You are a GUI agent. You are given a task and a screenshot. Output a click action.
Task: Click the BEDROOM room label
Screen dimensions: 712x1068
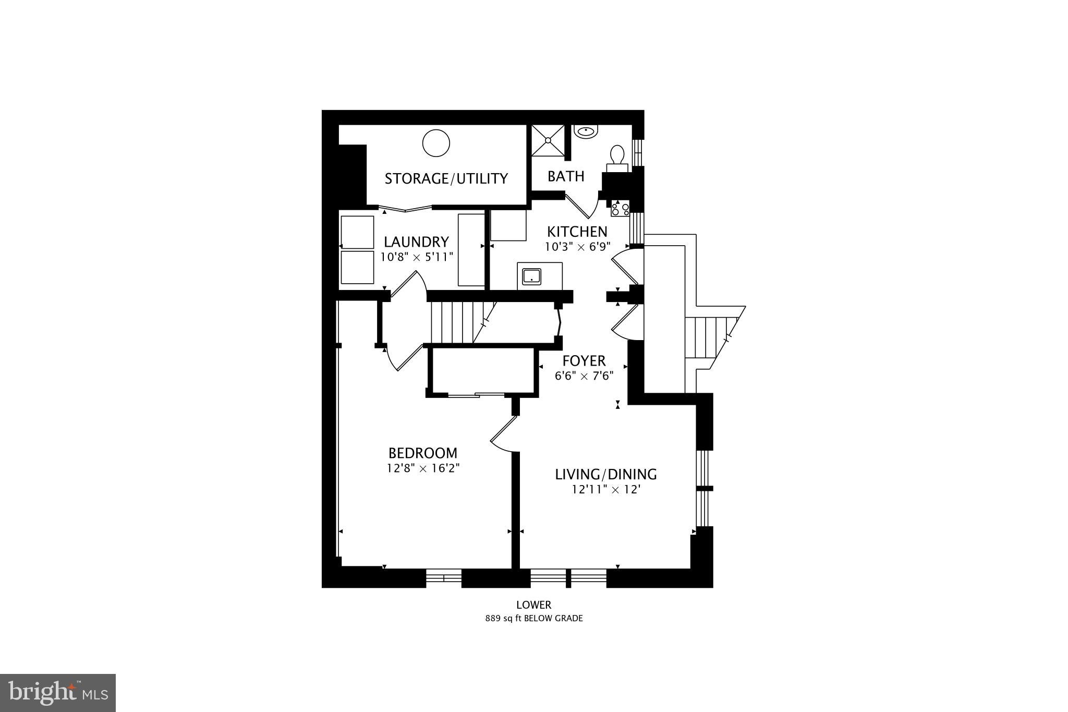(x=422, y=453)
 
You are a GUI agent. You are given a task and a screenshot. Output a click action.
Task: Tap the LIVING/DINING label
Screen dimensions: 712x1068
(x=605, y=474)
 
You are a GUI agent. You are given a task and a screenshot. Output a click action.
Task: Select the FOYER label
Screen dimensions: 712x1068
(x=584, y=360)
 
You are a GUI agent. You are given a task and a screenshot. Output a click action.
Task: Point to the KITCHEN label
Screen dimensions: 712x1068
(x=577, y=231)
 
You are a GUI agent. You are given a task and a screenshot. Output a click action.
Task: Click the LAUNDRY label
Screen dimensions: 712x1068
(x=416, y=242)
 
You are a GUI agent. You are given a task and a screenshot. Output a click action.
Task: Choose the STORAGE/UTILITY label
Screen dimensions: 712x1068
(x=446, y=179)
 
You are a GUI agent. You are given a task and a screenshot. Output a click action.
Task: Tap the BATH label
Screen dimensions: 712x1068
(x=566, y=176)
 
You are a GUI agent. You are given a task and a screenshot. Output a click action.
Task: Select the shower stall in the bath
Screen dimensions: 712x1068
(x=548, y=140)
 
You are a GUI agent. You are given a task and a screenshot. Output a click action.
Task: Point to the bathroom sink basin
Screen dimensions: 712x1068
(x=588, y=131)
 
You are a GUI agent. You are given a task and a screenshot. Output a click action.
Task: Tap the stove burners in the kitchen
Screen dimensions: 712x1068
(x=621, y=209)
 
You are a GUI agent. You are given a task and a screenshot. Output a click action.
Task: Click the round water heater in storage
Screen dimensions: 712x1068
(x=436, y=143)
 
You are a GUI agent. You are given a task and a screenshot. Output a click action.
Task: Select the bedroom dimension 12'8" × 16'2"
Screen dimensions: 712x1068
(x=422, y=468)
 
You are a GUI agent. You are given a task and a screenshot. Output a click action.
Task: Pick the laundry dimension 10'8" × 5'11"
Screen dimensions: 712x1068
(x=416, y=257)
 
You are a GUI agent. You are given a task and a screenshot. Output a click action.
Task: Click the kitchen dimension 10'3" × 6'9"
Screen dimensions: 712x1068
(x=577, y=246)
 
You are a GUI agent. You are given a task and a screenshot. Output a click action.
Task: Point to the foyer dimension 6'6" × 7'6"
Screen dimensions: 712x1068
(x=584, y=376)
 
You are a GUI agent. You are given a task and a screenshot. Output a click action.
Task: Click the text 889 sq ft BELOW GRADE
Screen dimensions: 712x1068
(x=533, y=619)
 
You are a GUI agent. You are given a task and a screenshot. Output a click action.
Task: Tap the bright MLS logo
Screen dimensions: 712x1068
(x=58, y=693)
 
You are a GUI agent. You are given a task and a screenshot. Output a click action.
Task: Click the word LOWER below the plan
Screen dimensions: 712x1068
(x=533, y=605)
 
